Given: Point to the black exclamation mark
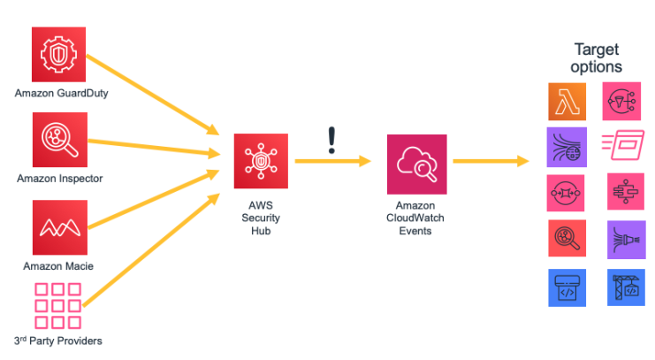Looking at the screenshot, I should [x=331, y=140].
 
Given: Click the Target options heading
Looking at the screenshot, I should [x=598, y=58].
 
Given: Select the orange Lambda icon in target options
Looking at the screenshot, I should [x=566, y=103].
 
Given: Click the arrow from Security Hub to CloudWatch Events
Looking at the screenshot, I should [x=331, y=161].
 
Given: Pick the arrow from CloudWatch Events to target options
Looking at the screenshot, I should [x=491, y=161].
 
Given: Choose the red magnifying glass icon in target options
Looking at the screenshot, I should [x=566, y=237].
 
